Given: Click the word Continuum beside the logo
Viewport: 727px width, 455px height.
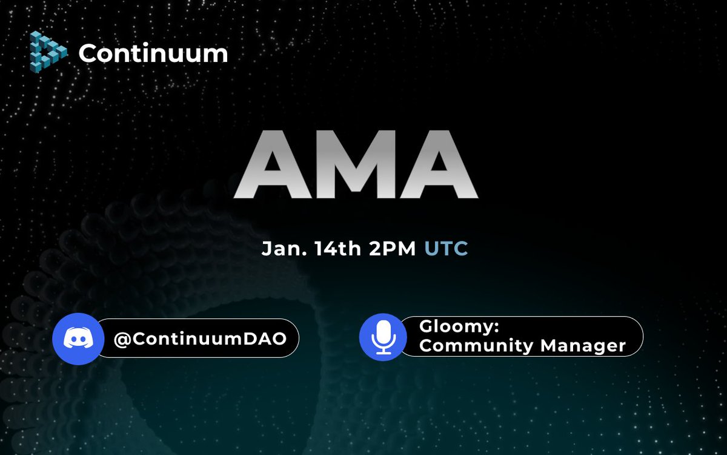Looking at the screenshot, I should tap(153, 53).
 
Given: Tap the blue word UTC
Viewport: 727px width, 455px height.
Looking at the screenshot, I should tap(446, 249).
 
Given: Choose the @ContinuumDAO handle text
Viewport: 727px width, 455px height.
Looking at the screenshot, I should tap(200, 338).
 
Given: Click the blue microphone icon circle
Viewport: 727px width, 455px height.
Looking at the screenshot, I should tap(382, 337).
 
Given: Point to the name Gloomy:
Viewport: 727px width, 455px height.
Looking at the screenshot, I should tap(459, 326).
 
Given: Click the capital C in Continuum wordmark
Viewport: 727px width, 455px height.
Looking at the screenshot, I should tap(88, 53).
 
